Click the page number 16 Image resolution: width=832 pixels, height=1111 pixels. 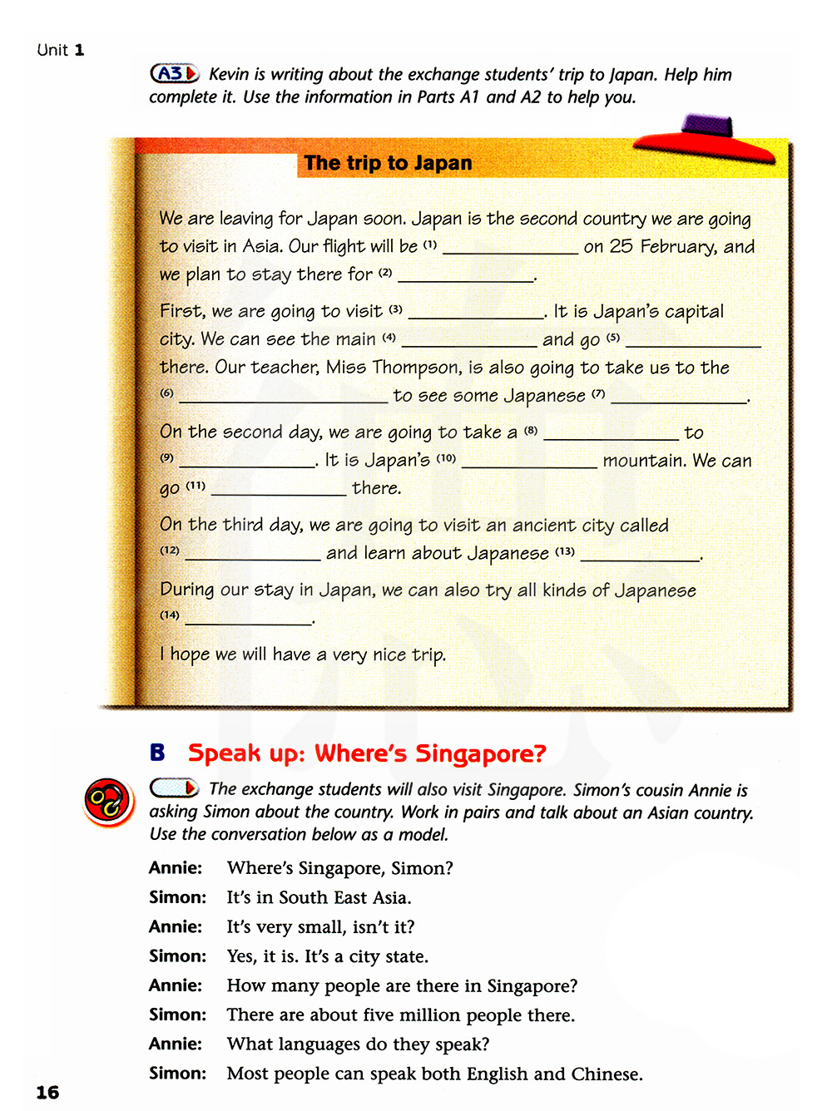(x=47, y=1092)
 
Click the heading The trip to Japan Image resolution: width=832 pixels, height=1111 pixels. (x=388, y=163)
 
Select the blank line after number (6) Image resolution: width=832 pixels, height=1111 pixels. (x=284, y=400)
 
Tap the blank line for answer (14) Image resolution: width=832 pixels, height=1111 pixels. (x=248, y=621)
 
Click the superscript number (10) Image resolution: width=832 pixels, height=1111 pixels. (x=446, y=458)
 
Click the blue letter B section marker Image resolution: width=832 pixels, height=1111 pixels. (x=157, y=753)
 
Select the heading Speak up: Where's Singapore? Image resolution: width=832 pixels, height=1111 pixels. (x=367, y=753)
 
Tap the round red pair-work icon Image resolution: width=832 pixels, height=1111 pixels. (x=108, y=802)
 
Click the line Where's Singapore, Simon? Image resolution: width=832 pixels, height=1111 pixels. (x=339, y=868)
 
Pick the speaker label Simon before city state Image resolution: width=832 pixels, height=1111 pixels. (x=177, y=956)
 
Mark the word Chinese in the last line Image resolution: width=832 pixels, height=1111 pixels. (x=605, y=1074)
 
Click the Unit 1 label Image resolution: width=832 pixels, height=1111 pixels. (x=61, y=50)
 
